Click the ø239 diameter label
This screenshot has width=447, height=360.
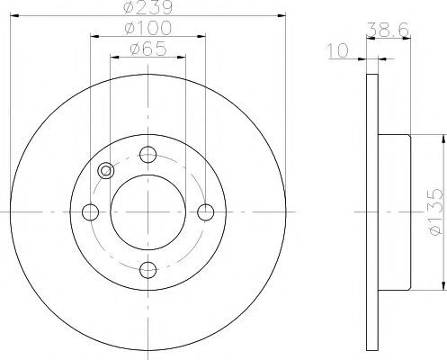point(148,7)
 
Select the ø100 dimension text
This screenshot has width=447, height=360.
point(148,28)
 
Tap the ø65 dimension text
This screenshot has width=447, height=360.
point(148,49)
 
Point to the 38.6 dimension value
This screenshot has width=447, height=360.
point(388,30)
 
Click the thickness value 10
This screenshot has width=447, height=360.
point(338,50)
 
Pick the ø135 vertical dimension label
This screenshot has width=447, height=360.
point(436,212)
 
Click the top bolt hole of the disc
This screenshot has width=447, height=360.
point(148,155)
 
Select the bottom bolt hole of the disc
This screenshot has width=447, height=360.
point(148,270)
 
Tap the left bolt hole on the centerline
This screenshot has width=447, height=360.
point(90,212)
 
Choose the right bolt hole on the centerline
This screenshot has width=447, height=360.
point(206,212)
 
